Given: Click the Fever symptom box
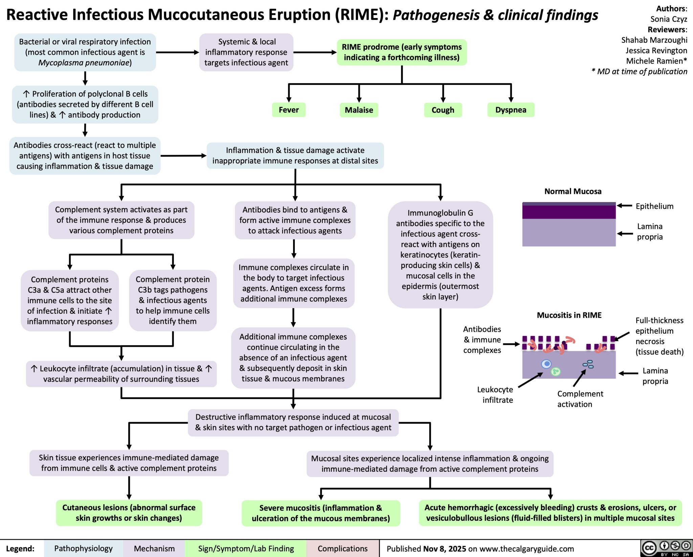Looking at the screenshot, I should click(289, 110).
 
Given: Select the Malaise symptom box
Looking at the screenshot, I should click(359, 110).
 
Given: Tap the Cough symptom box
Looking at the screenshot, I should click(443, 110).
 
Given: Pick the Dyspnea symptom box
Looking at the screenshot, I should click(511, 110).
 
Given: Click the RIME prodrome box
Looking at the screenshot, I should click(402, 52).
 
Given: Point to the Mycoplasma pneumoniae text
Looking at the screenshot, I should click(84, 63).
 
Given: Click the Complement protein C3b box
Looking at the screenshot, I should click(173, 300).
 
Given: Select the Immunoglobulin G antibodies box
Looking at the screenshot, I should click(440, 254).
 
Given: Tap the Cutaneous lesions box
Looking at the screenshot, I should click(129, 513).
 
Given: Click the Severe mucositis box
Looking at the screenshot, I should click(321, 513).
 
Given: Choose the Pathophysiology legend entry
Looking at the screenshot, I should click(83, 549).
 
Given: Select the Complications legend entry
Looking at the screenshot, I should click(342, 549).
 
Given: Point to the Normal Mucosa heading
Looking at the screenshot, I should click(573, 192).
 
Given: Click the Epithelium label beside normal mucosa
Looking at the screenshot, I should click(654, 206).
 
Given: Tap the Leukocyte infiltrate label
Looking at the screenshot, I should click(495, 395).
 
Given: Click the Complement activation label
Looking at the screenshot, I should click(580, 399).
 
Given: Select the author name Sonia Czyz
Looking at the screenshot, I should click(669, 19).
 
